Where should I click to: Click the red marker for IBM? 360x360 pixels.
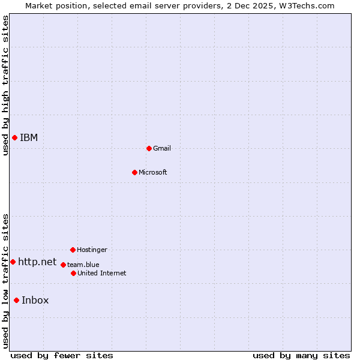pyautogui.click(x=14, y=138)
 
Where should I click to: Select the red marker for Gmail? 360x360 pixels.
pyautogui.click(x=149, y=148)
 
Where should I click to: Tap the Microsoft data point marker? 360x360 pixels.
pyautogui.click(x=134, y=172)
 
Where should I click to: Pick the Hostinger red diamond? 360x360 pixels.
pyautogui.click(x=73, y=250)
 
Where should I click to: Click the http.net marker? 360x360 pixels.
pyautogui.click(x=13, y=262)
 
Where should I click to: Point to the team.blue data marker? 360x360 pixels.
pyautogui.click(x=63, y=265)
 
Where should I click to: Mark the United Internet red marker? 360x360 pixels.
pyautogui.click(x=73, y=273)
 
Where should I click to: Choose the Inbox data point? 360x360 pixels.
pyautogui.click(x=16, y=301)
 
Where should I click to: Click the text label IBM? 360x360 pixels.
pyautogui.click(x=29, y=138)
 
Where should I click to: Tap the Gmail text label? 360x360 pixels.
pyautogui.click(x=162, y=148)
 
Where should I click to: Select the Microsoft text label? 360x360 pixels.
pyautogui.click(x=153, y=172)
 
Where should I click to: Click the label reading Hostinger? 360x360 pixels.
pyautogui.click(x=92, y=250)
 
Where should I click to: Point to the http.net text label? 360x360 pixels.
pyautogui.click(x=37, y=262)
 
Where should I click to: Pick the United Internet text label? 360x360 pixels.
pyautogui.click(x=102, y=273)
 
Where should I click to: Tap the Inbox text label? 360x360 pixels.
pyautogui.click(x=35, y=301)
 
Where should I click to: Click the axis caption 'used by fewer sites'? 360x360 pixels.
pyautogui.click(x=62, y=355)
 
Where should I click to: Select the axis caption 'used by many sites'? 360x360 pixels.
pyautogui.click(x=301, y=355)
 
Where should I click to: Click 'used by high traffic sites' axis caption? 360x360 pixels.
pyautogui.click(x=5, y=85)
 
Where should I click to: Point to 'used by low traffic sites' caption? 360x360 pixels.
pyautogui.click(x=5, y=280)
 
